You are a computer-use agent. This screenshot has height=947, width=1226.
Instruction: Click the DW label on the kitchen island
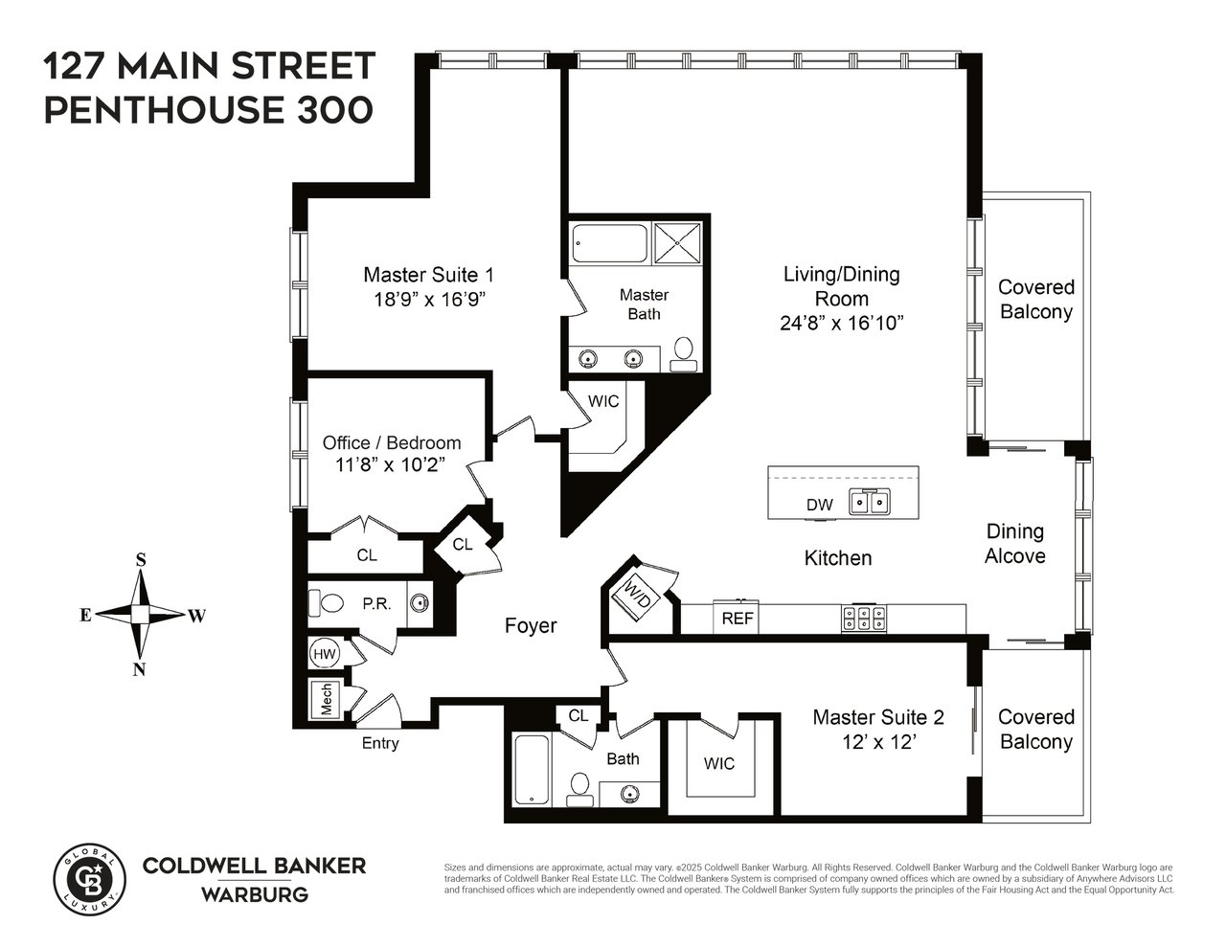(819, 505)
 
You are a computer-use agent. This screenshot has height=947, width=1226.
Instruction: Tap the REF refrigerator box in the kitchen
(738, 619)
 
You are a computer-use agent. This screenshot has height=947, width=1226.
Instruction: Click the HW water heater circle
(323, 654)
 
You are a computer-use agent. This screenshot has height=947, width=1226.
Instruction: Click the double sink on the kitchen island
(871, 502)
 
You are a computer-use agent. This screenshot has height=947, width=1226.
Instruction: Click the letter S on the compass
(141, 560)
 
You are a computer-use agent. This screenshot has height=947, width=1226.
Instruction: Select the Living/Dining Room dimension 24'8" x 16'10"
(842, 324)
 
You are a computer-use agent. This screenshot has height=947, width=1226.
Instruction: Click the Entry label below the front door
(380, 743)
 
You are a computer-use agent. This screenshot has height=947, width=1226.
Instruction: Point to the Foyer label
(531, 626)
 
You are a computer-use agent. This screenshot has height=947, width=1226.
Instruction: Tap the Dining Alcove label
(1015, 543)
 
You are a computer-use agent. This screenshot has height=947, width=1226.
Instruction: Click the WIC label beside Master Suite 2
(719, 763)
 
